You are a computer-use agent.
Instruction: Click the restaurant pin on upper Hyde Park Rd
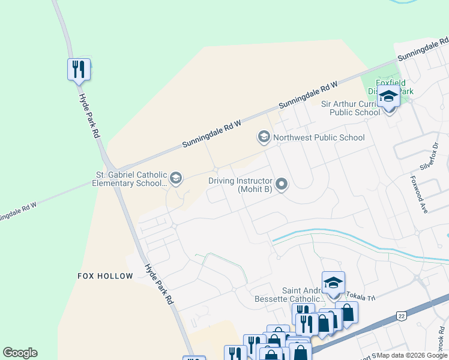79,70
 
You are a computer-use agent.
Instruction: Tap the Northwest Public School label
318,137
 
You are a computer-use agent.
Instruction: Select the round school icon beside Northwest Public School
263,137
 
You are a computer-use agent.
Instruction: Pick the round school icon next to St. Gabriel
175,178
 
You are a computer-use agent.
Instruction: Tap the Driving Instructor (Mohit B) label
240,185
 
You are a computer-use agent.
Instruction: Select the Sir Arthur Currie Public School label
351,107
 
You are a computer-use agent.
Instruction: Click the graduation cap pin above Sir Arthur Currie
388,97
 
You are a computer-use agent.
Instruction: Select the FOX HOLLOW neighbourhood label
105,276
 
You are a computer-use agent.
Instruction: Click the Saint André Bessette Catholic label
305,295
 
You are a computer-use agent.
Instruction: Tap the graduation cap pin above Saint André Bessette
334,283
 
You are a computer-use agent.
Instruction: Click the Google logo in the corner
20,353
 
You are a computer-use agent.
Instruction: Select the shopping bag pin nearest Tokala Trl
346,313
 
